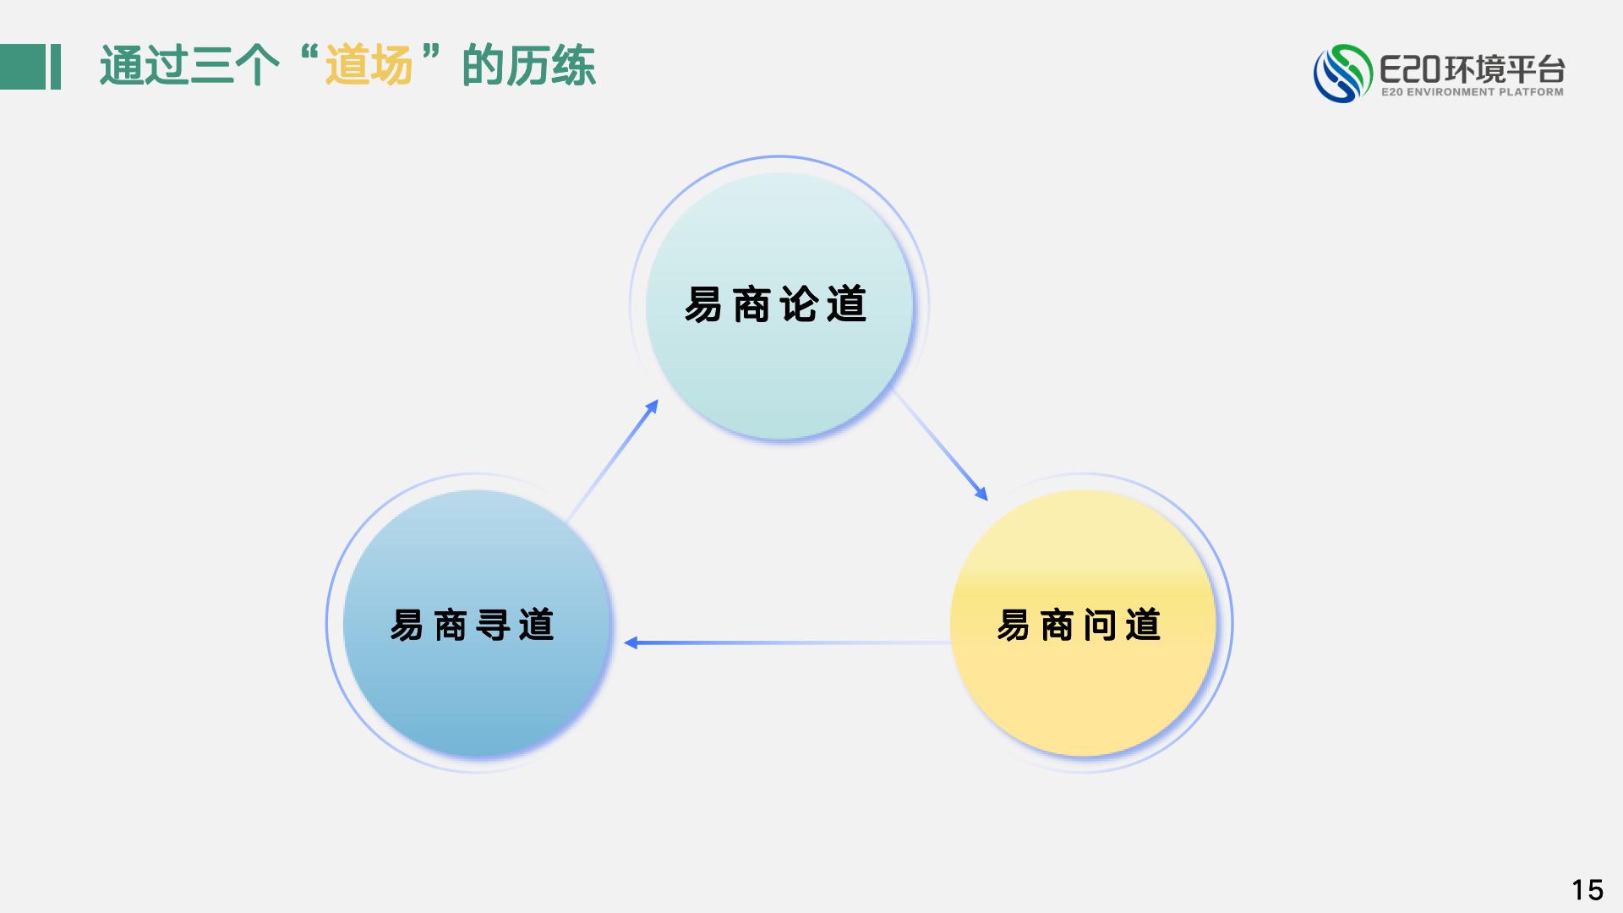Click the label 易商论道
tap(775, 304)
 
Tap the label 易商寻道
tap(472, 625)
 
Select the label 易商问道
tap(1079, 625)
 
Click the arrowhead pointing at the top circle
tap(651, 408)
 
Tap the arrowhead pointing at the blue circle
tap(631, 642)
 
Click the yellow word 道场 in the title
tap(369, 65)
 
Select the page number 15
tap(1587, 889)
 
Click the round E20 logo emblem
tap(1342, 74)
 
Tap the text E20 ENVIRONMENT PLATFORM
tap(1472, 92)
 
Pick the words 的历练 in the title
tap(529, 65)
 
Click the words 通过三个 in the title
tap(189, 65)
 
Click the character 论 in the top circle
tap(799, 304)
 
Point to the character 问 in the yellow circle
tap(1100, 625)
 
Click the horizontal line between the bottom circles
tap(787, 642)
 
